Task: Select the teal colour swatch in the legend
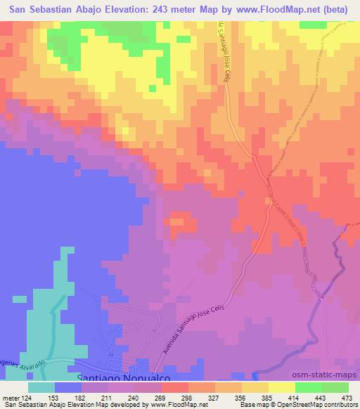point(41,387)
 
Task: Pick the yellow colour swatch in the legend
point(281,387)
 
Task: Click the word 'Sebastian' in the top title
point(68,10)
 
